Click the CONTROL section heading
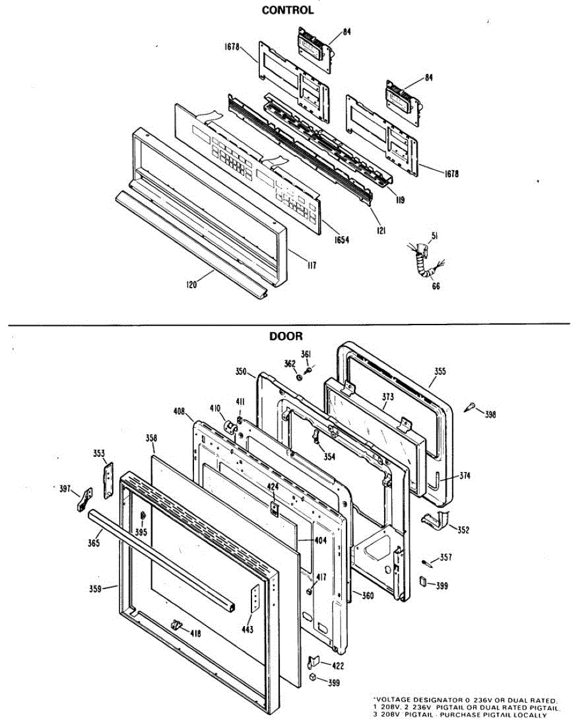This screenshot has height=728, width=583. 287,10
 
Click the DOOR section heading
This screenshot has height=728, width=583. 285,336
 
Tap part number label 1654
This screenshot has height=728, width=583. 342,240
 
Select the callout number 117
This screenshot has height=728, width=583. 311,265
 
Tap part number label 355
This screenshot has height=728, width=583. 440,371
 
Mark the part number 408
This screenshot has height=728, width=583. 179,411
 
